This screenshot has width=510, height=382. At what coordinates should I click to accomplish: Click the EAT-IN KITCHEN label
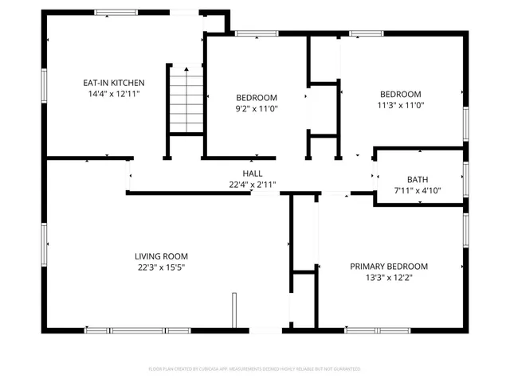(x=114, y=82)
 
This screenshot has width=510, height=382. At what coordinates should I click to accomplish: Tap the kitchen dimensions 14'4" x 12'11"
(x=114, y=93)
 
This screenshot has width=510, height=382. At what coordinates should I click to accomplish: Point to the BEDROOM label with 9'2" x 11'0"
(x=256, y=97)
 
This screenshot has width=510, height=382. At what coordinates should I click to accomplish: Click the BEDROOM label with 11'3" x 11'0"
(x=399, y=92)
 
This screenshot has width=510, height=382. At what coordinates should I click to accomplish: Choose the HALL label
(x=253, y=173)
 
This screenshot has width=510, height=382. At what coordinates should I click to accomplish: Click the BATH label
(x=418, y=180)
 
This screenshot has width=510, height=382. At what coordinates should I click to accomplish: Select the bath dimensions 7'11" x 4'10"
(x=418, y=190)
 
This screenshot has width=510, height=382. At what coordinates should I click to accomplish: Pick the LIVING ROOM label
(x=161, y=255)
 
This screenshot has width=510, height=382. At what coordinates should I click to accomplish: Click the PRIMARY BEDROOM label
(x=389, y=267)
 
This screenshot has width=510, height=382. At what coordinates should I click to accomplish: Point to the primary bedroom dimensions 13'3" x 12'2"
(x=389, y=278)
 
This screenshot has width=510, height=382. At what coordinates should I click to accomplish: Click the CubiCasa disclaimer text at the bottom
(x=254, y=368)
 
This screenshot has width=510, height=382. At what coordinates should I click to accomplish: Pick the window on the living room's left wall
(x=44, y=242)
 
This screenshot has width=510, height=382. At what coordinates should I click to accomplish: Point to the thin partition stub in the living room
(x=234, y=310)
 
